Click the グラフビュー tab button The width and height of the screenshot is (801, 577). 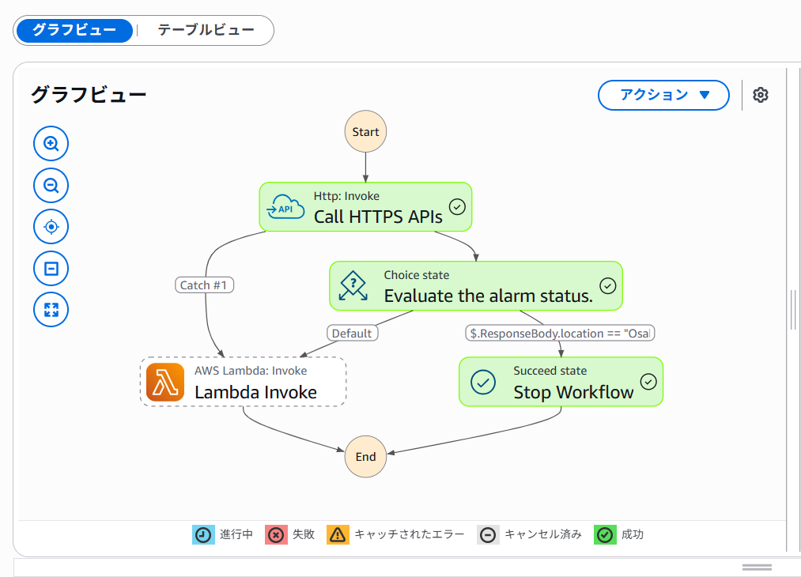click(x=74, y=31)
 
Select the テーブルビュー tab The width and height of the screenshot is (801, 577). click(x=206, y=31)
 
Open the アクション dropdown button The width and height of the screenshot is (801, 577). click(x=663, y=95)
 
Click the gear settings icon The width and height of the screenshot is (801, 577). click(x=761, y=95)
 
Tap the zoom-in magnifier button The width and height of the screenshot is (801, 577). click(x=51, y=144)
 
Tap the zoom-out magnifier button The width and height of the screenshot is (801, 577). click(x=51, y=186)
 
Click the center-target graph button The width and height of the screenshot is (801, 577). click(x=51, y=228)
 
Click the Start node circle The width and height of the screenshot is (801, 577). click(x=365, y=132)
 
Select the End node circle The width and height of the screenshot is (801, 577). click(x=365, y=457)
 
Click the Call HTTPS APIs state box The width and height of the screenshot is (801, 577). click(x=365, y=207)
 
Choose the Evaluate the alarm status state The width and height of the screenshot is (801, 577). click(x=475, y=286)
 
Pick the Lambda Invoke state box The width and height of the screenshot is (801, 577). click(x=243, y=382)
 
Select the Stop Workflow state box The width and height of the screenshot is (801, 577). click(x=561, y=382)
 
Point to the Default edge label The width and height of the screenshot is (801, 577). click(x=351, y=334)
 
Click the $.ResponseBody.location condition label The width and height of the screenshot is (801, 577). click(x=560, y=334)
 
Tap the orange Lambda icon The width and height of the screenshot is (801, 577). click(x=165, y=383)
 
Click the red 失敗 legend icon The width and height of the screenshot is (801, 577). click(x=275, y=535)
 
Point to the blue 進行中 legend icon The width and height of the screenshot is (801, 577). click(x=203, y=535)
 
